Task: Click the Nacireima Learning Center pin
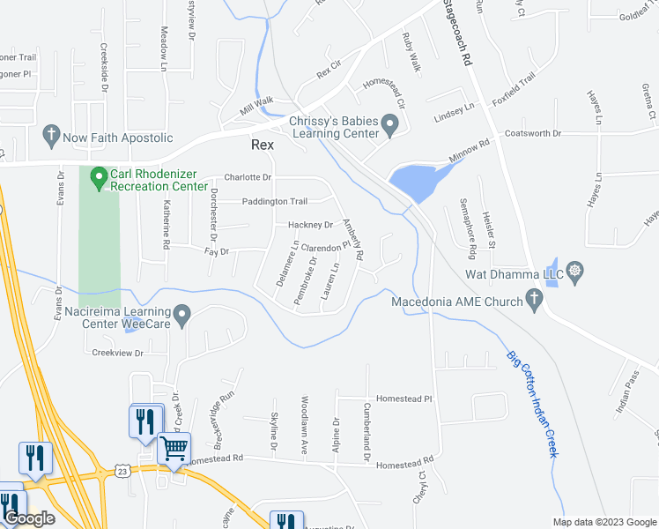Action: (181, 315)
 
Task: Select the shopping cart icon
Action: (174, 448)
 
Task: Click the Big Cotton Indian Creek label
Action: (532, 404)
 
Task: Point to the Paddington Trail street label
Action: (275, 201)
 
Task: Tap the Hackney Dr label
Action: (310, 225)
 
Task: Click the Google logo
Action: (29, 518)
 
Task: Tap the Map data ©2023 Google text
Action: (603, 522)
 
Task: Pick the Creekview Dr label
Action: (117, 353)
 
